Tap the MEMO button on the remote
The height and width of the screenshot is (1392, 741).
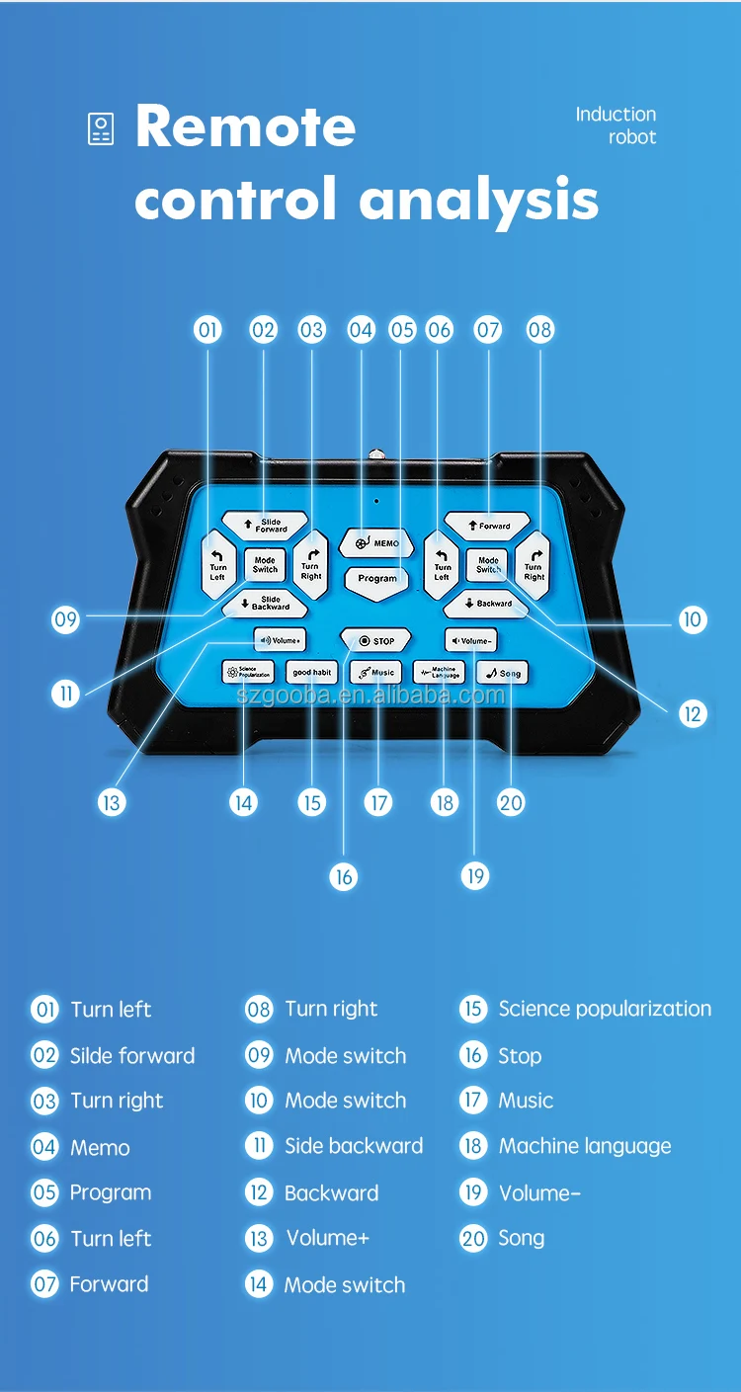tap(376, 542)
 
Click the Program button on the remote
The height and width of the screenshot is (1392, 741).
tap(376, 578)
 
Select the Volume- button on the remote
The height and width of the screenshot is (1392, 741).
tap(470, 640)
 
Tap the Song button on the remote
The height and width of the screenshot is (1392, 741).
tap(502, 673)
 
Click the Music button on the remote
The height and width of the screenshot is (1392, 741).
tap(375, 673)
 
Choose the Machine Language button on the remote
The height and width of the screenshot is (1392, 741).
tap(439, 673)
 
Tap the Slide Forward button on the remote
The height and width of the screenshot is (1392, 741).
tap(265, 525)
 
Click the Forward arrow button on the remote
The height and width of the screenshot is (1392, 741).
tap(487, 526)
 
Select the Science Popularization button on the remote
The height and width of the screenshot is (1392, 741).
tap(248, 673)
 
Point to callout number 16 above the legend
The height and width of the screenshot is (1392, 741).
tap(343, 876)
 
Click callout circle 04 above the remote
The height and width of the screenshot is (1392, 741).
tap(361, 329)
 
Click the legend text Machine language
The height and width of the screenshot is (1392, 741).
tap(584, 1146)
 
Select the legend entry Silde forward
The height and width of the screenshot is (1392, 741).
tap(132, 1055)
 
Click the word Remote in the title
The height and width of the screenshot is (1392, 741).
tap(245, 126)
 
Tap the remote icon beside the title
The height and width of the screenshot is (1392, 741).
tap(101, 129)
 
